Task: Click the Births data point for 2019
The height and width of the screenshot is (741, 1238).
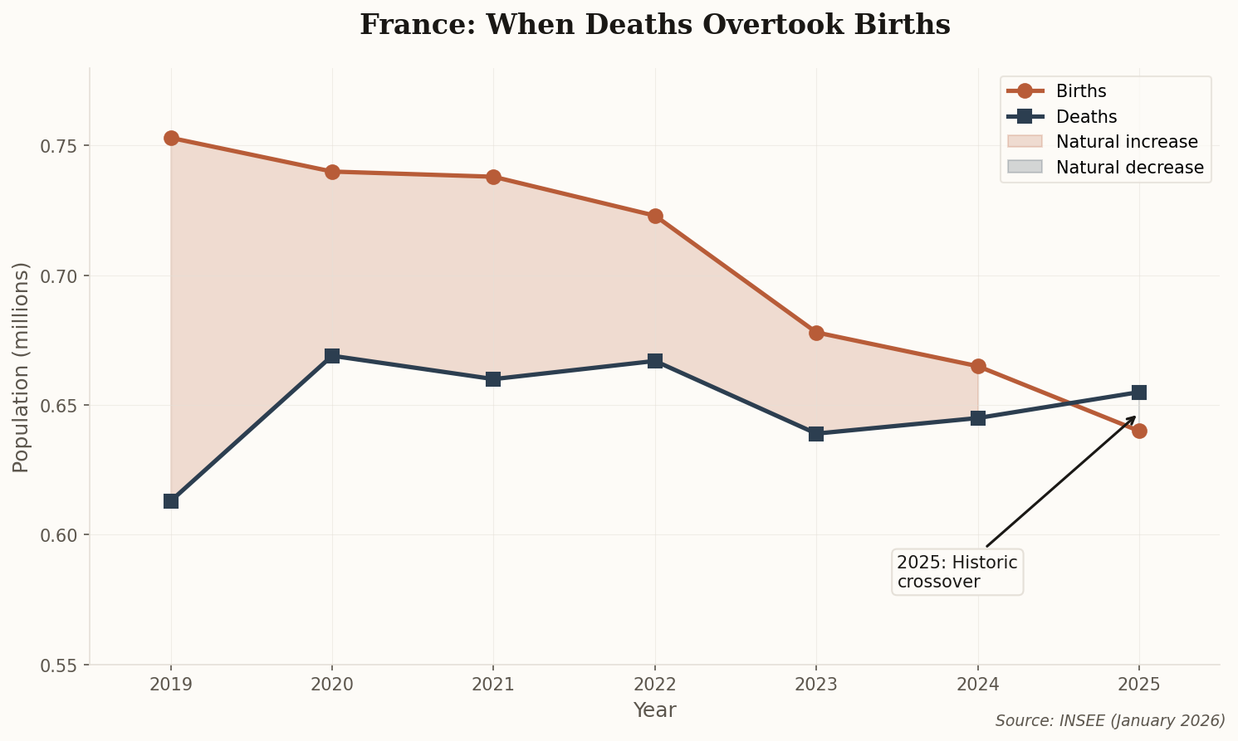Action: pos(171,138)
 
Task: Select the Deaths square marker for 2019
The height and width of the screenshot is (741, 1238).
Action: pos(171,501)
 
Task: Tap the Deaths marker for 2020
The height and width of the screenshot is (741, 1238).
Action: pos(332,356)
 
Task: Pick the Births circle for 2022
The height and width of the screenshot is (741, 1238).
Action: pos(655,216)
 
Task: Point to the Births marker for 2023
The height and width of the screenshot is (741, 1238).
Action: pos(816,333)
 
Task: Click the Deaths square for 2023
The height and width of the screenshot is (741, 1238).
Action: pos(816,434)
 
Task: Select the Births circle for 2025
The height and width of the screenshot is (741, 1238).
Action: pos(1139,431)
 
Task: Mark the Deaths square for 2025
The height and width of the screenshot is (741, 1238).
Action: pos(1139,392)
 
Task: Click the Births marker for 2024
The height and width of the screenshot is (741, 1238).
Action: pos(978,366)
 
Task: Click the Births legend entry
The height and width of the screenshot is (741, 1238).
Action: pos(1080,91)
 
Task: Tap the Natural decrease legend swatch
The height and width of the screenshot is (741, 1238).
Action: pos(1024,167)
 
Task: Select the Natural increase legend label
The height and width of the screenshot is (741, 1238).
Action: pos(1127,142)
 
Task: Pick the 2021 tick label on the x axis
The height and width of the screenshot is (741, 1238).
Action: pos(493,685)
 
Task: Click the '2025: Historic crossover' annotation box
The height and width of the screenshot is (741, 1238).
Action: pos(957,572)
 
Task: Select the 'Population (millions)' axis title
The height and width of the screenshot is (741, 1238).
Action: pos(22,367)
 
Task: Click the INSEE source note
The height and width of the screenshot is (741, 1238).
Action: pos(1110,720)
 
